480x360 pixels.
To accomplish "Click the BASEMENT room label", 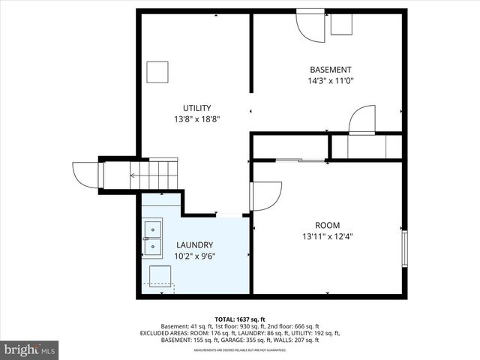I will [x=330, y=70].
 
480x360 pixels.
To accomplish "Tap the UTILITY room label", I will [x=196, y=107].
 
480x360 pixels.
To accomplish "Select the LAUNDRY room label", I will [x=194, y=244].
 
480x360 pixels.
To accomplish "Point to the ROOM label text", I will [x=327, y=225].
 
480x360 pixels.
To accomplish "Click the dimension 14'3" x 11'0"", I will [x=330, y=81].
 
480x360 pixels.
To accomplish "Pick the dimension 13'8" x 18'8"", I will [x=196, y=118].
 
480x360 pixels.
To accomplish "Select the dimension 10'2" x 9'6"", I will [x=194, y=256].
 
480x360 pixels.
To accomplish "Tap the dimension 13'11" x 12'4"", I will [x=327, y=236].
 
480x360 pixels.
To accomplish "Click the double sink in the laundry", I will [x=152, y=235].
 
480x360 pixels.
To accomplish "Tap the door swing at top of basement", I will [x=310, y=27].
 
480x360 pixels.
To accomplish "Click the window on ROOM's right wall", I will [x=405, y=248].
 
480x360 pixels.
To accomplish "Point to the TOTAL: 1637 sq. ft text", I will [x=240, y=318].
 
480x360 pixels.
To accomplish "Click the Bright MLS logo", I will [x=30, y=349].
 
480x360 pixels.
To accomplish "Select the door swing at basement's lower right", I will [x=363, y=119].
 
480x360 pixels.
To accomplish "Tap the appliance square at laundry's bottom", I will [x=160, y=277].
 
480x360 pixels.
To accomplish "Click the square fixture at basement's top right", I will [x=342, y=24].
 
